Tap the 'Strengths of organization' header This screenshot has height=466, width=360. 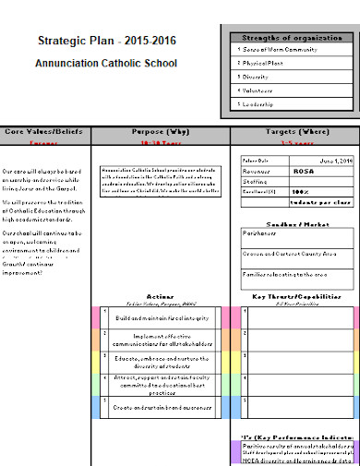[292, 37]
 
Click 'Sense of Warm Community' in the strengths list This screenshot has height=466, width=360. [277, 49]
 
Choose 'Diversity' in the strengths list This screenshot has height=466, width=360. [256, 77]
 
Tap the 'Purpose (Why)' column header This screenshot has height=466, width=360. [161, 132]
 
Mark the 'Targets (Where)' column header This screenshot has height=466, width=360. [293, 132]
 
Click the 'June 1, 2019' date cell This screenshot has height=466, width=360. [334, 161]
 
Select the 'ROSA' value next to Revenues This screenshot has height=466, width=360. [303, 171]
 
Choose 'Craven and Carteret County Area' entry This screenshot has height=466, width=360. [290, 253]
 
